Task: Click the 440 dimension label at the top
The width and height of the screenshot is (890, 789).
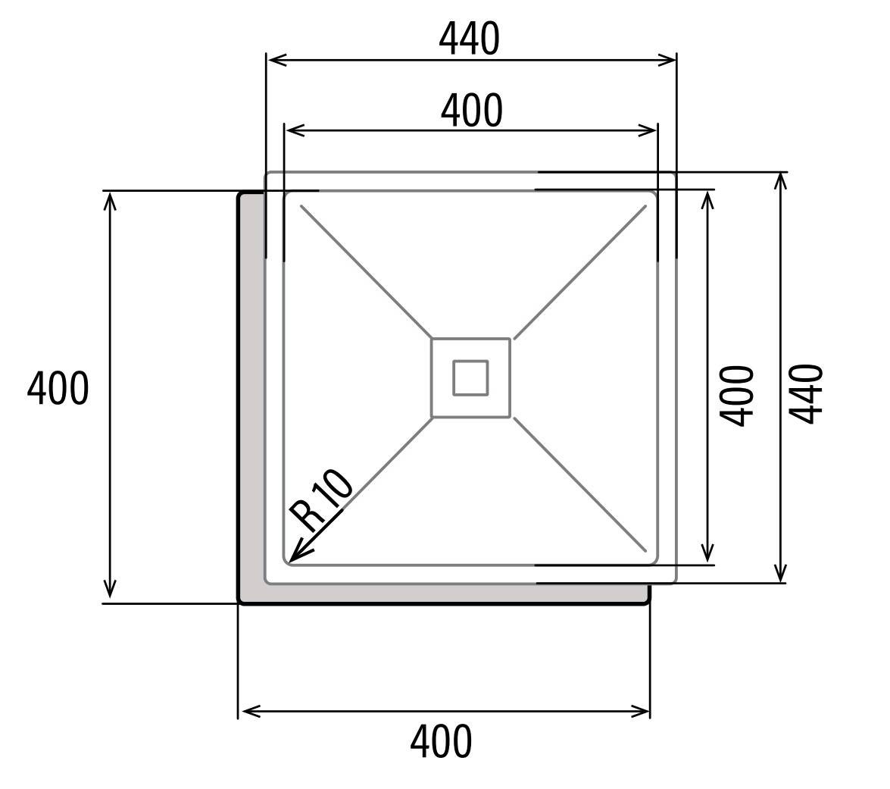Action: point(470,39)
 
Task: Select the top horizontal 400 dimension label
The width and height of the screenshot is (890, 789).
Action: point(472,110)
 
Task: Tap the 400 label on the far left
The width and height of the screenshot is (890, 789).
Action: point(58,388)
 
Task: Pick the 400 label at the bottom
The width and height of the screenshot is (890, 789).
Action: point(441,741)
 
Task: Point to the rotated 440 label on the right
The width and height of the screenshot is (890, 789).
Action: point(806,394)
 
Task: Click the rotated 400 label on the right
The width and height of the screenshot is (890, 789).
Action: point(737,396)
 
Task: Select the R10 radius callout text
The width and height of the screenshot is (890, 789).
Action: point(320,500)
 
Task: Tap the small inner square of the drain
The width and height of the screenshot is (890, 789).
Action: point(470,377)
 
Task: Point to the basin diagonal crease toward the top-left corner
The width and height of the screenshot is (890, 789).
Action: point(366,271)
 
